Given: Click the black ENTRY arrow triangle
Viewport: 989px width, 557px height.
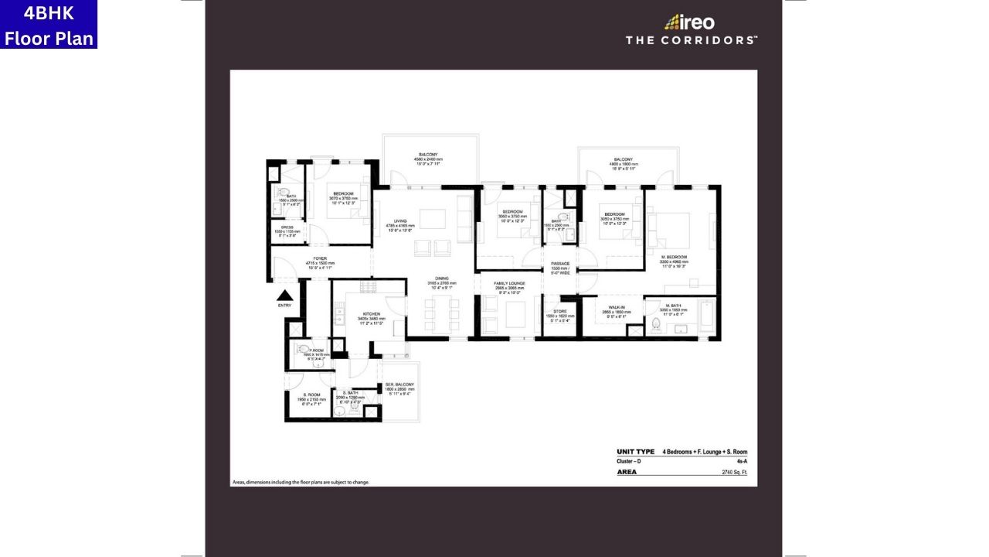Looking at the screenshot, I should (285, 295).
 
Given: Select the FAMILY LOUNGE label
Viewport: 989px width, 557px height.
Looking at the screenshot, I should (510, 284).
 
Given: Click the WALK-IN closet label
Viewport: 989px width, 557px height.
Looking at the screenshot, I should (617, 306).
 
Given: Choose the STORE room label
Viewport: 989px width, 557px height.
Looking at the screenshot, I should (560, 312).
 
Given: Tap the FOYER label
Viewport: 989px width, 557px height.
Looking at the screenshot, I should (320, 258).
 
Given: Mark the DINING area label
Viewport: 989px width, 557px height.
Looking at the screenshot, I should (442, 278).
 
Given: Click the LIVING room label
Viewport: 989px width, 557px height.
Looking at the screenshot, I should (400, 221).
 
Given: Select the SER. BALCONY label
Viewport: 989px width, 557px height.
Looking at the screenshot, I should (399, 384).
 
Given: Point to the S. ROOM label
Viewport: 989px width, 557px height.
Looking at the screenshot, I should (312, 395).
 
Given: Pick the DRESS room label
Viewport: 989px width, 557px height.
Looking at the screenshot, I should (287, 227).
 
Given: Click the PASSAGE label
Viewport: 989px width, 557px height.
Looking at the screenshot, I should (560, 264).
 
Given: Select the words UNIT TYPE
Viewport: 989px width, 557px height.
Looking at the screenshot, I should (636, 452).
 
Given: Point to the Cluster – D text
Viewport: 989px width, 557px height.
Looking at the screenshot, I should (629, 461).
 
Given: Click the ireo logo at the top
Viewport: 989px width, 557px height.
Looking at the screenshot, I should (689, 22).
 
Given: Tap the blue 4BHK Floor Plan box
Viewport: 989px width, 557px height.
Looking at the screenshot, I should (49, 24).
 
